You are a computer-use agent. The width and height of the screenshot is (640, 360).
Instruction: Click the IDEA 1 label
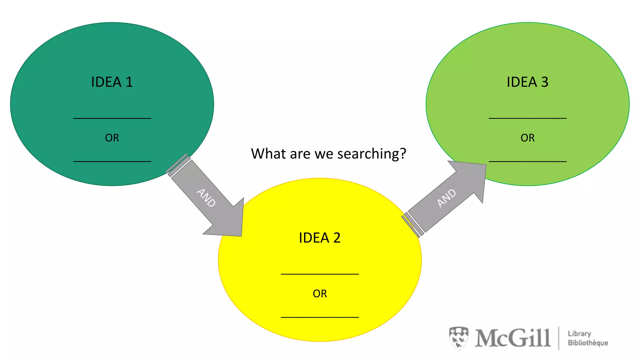coord(112,82)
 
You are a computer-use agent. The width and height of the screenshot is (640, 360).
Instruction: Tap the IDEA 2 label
coord(319,238)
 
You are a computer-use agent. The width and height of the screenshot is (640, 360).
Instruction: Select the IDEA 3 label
coord(527,82)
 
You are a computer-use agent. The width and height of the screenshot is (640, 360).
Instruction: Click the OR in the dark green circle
coord(112,138)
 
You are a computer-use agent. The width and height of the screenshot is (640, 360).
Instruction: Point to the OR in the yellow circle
coord(320,294)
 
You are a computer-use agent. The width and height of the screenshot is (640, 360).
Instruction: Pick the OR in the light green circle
coord(527,138)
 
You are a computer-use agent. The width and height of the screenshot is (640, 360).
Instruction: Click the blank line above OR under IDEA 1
coord(112,118)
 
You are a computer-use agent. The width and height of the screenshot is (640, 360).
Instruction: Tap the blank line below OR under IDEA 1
coord(112,161)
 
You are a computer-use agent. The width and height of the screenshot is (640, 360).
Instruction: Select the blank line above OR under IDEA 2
coord(320,274)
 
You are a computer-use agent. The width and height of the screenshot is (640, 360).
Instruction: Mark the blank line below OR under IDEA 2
coord(320,317)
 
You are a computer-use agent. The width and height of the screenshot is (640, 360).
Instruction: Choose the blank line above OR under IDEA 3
coord(527,118)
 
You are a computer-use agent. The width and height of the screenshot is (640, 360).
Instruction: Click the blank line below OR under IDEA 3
coord(527,161)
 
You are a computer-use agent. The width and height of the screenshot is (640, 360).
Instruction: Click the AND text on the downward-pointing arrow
coord(206,198)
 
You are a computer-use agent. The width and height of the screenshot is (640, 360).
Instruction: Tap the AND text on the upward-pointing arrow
coord(446,198)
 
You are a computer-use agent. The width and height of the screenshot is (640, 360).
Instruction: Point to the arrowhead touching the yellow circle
coord(230,222)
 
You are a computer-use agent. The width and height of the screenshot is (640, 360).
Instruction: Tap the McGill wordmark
coord(512,338)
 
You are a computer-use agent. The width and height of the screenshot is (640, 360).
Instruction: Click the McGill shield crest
coord(458,338)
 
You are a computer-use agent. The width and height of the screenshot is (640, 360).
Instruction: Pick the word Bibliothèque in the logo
coord(588,343)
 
